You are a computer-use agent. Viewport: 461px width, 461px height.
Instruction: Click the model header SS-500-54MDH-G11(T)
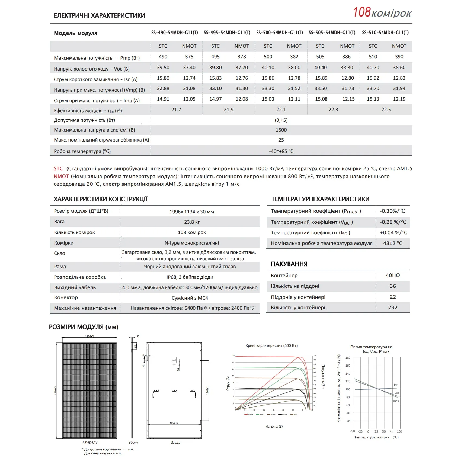point(279,33)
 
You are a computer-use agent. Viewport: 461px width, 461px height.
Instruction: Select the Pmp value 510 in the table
point(373,57)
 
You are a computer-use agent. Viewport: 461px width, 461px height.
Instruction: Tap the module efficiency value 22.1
point(281,110)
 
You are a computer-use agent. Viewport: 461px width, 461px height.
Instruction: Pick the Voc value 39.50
point(163,68)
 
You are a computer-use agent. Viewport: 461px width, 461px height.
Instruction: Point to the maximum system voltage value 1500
point(281,130)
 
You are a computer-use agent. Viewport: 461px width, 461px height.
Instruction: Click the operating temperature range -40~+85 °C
point(281,151)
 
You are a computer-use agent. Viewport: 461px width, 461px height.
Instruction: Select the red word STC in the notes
point(58,169)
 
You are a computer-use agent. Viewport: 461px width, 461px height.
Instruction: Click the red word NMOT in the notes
point(61,177)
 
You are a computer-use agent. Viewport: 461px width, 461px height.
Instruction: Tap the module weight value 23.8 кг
point(192,222)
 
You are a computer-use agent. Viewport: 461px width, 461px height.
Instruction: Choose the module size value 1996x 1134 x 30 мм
point(192,212)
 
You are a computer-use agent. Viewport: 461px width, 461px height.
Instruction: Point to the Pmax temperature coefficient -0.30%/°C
point(392,211)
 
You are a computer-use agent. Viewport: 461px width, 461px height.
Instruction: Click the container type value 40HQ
point(393,275)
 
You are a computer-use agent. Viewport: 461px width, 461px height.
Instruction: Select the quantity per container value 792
point(393,308)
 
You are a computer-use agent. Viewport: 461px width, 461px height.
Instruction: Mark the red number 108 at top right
point(362,12)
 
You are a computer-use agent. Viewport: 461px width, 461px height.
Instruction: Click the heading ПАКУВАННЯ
point(289,264)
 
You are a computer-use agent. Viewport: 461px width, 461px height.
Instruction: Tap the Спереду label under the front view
point(90,442)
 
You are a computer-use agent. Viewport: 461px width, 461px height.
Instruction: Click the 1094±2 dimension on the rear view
point(174,423)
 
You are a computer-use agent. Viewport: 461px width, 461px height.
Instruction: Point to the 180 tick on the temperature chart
point(348,358)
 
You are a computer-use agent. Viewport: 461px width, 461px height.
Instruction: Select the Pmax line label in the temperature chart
point(395,401)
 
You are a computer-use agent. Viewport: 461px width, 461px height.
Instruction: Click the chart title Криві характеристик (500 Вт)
point(271,346)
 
